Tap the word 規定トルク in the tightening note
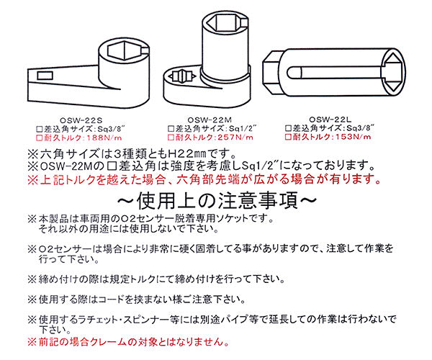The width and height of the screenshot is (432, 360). [140, 279]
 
